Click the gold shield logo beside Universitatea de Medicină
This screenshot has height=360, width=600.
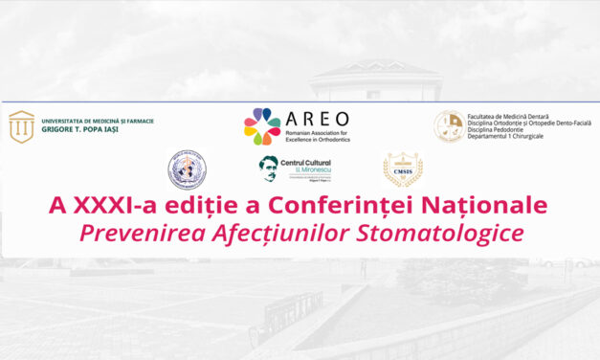pyautogui.click(x=21, y=125)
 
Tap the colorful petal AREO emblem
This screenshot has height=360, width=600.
pyautogui.click(x=262, y=125)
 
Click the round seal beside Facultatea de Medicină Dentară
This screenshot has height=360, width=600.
pyautogui.click(x=449, y=125)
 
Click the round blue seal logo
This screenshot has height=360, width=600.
pyautogui.click(x=187, y=169)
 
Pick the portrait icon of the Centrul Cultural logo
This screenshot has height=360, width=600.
pyautogui.click(x=270, y=168)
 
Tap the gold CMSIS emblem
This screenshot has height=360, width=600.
pyautogui.click(x=402, y=170)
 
